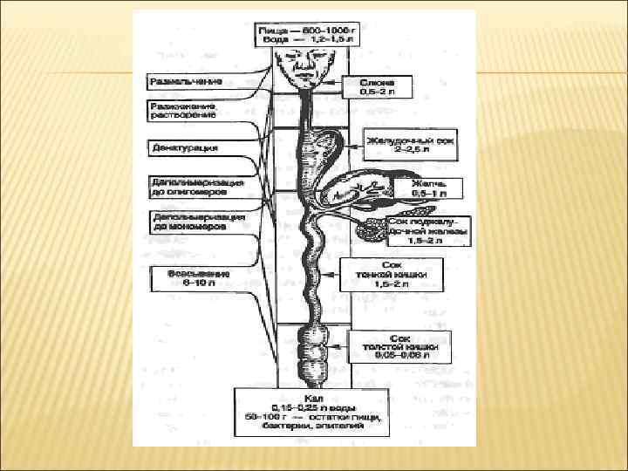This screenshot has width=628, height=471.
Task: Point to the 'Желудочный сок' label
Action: (411, 140)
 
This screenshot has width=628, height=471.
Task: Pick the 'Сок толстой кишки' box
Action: (400, 347)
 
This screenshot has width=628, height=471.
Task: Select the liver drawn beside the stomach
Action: (353, 187)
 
